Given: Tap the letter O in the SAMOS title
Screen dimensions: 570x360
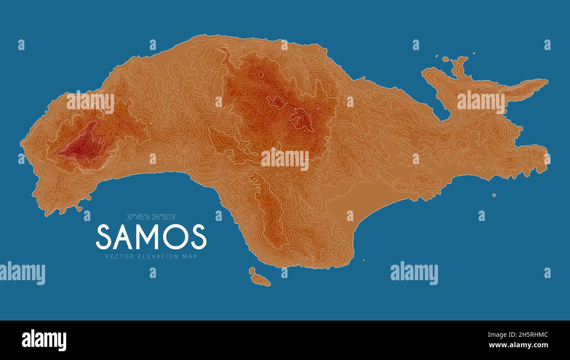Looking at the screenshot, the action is pyautogui.click(x=176, y=237).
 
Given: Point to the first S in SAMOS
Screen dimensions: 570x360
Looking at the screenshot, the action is pyautogui.click(x=105, y=237).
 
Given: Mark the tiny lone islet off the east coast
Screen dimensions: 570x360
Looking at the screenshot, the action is pyautogui.click(x=494, y=195).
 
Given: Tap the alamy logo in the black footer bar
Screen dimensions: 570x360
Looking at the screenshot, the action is pyautogui.click(x=44, y=340).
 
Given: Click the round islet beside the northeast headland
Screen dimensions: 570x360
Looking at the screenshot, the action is pyautogui.click(x=445, y=59).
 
